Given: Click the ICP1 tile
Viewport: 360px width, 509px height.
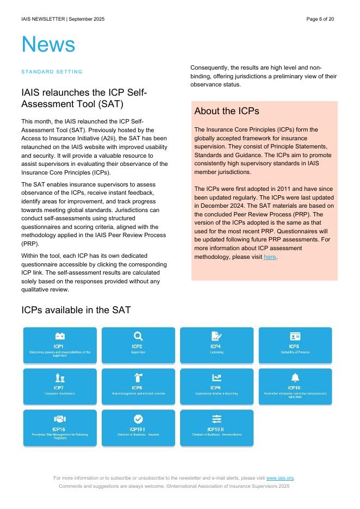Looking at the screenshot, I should [60, 345].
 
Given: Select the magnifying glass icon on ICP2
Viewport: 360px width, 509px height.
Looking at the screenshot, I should [138, 337].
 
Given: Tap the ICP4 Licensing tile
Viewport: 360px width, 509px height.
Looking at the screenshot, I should [216, 345].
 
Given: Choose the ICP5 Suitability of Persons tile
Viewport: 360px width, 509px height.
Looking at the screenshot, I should [295, 345].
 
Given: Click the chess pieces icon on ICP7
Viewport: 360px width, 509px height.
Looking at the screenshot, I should [60, 378].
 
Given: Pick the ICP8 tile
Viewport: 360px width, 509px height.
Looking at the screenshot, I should [138, 387].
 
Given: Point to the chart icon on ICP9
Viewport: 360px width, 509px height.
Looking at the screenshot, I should [216, 378].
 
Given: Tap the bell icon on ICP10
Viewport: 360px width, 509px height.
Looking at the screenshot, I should [295, 378].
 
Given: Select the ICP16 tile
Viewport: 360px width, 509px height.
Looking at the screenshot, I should [60, 428].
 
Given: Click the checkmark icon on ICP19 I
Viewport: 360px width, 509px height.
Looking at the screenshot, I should [138, 419].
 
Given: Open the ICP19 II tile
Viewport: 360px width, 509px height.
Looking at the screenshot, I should [216, 428].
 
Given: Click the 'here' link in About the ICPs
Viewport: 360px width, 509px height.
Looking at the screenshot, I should [270, 257].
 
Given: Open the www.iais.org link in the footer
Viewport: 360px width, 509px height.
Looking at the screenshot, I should [280, 478].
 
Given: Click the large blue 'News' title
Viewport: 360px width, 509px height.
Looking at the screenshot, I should [48, 45].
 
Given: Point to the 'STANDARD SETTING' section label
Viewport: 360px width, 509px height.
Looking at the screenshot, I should [52, 72].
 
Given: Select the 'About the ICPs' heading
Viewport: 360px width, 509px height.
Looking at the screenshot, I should [227, 111].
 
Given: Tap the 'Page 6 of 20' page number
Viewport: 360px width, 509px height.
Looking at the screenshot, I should [320, 19].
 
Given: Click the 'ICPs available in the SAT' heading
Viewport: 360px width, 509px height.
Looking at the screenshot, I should [76, 310].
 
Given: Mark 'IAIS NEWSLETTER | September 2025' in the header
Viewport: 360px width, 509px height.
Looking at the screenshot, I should [63, 19].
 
